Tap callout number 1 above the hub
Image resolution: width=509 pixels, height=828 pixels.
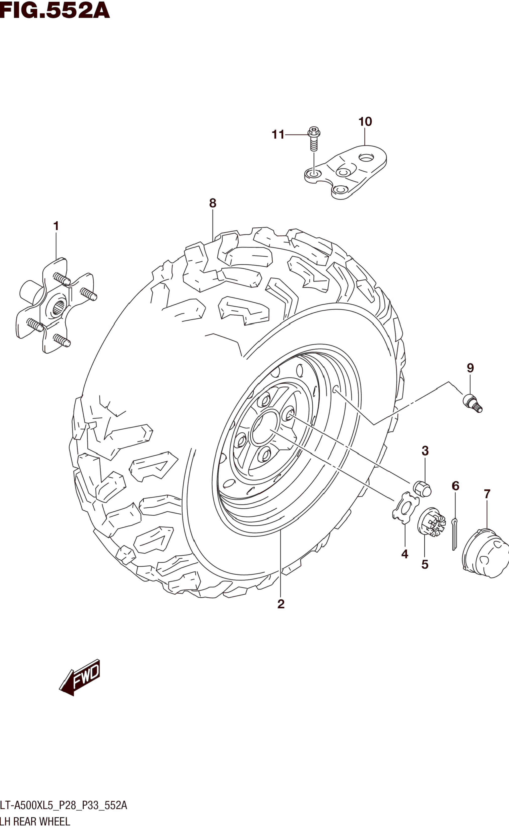[x=56, y=226]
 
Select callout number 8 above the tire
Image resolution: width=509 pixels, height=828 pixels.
[x=212, y=203]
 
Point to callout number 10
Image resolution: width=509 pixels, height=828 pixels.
[x=365, y=122]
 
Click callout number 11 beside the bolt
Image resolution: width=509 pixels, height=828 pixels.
[x=278, y=135]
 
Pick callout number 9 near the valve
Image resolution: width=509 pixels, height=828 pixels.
[x=470, y=368]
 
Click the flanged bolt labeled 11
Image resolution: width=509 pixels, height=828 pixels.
[x=314, y=138]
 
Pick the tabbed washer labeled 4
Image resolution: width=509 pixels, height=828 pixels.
[x=405, y=512]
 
